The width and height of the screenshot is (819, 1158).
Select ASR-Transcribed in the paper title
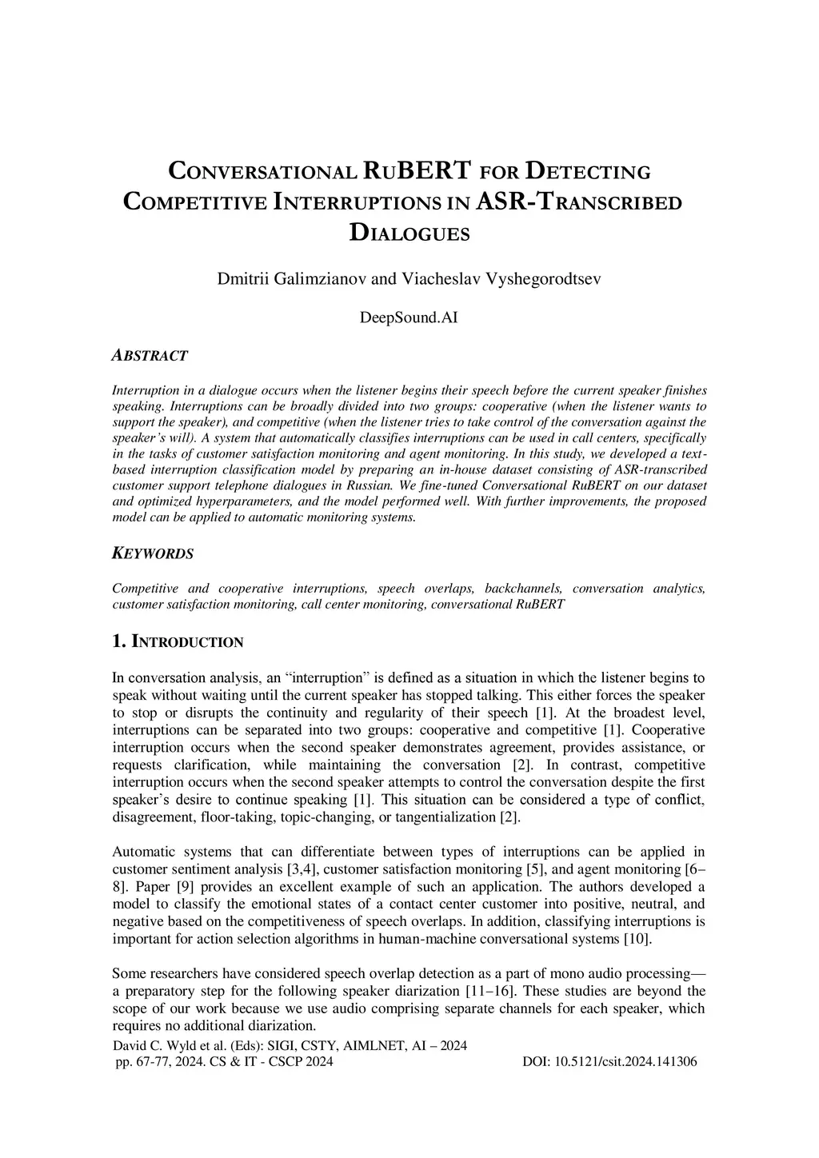(x=578, y=202)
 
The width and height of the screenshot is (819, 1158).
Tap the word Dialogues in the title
(x=409, y=233)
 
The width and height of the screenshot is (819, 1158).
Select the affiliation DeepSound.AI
(x=409, y=317)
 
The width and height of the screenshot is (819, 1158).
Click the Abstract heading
(x=150, y=355)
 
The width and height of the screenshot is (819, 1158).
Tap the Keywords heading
(x=152, y=553)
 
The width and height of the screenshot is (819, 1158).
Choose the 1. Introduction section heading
(x=178, y=641)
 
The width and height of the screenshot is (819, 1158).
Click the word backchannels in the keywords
(x=524, y=589)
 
